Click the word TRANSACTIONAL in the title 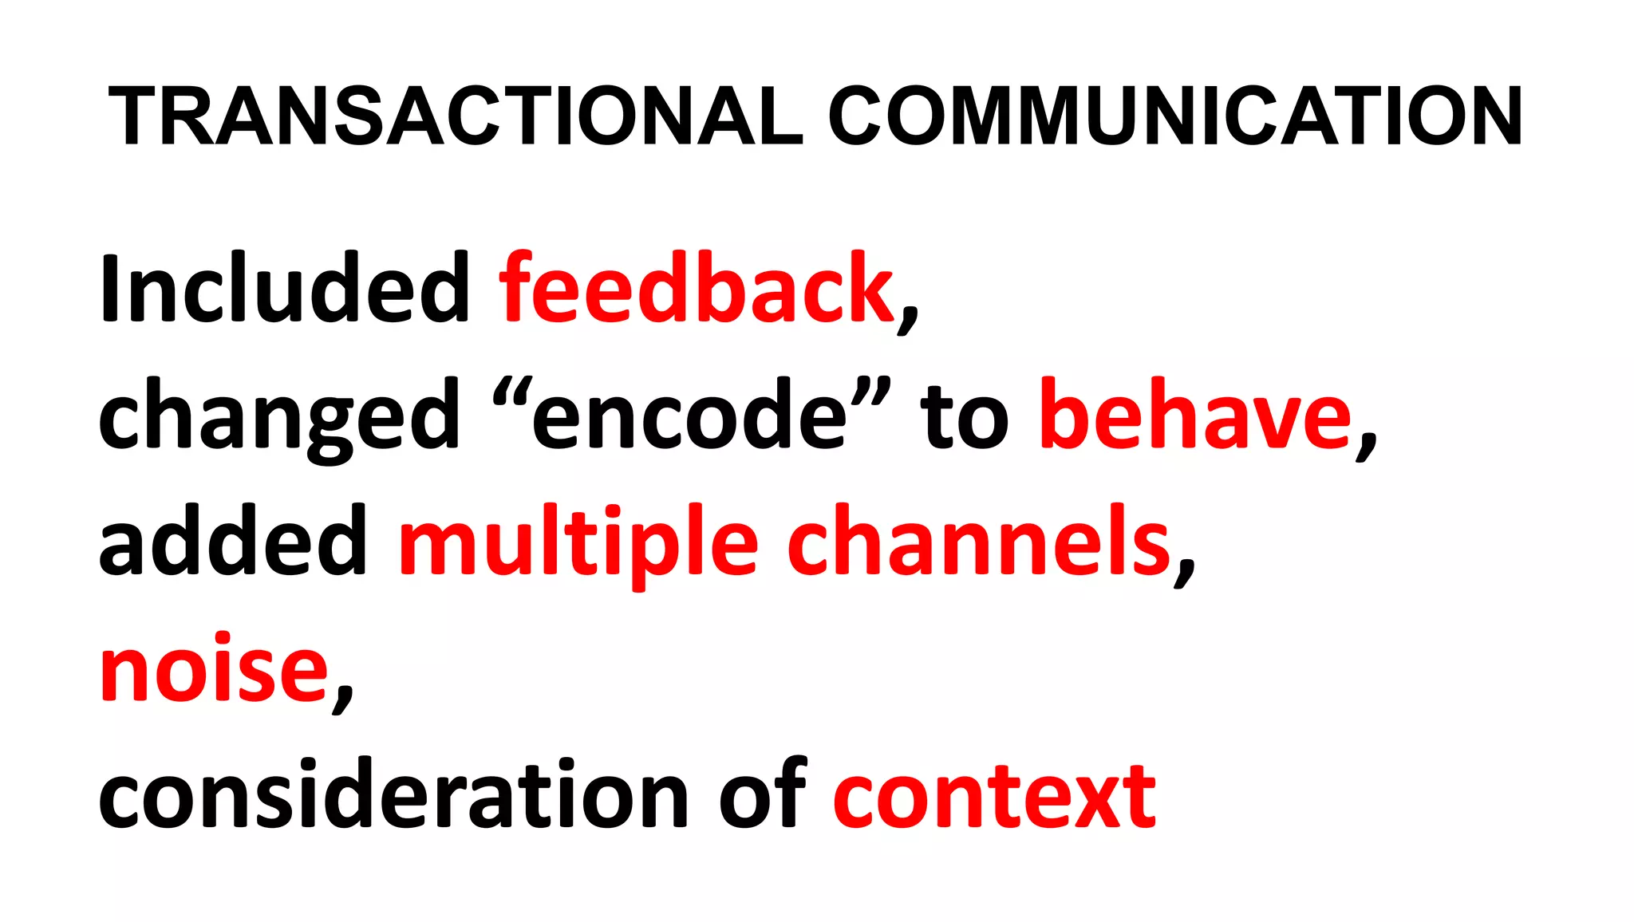455,116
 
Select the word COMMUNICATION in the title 1175,116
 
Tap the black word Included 284,289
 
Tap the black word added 232,542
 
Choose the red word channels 979,542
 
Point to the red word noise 214,670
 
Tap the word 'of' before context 763,794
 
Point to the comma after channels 1185,573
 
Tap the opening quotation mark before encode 511,393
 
